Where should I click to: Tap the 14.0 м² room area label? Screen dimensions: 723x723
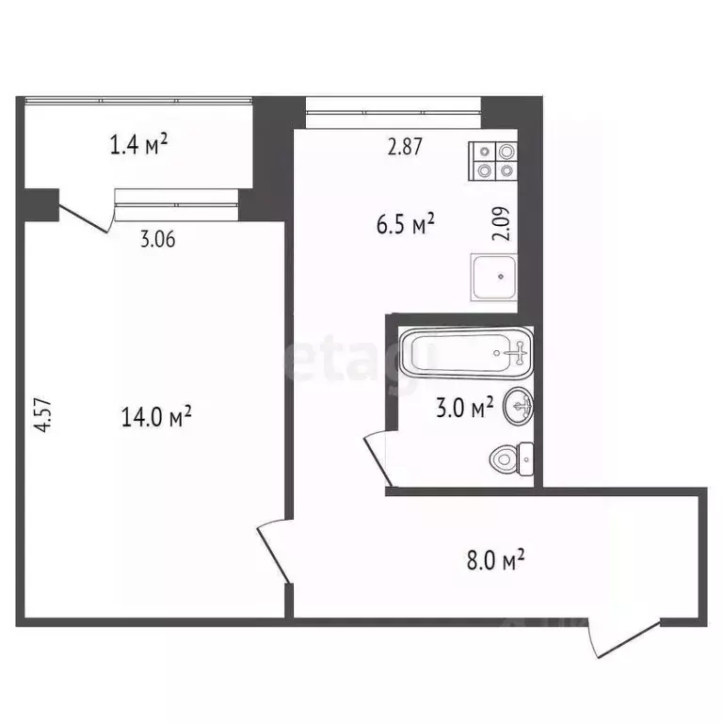pyautogui.click(x=157, y=415)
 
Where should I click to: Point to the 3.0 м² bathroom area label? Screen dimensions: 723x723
pyautogui.click(x=464, y=409)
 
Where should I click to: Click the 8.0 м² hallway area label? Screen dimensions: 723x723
pyautogui.click(x=492, y=562)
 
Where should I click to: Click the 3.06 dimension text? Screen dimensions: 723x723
pyautogui.click(x=157, y=239)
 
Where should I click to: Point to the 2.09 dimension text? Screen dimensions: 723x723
pyautogui.click(x=503, y=225)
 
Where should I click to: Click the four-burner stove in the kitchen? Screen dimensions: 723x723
pyautogui.click(x=494, y=160)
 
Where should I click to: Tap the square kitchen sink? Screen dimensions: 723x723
pyautogui.click(x=495, y=279)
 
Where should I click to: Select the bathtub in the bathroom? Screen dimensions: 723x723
pyautogui.click(x=466, y=354)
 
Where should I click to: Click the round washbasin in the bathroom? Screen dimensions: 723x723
pyautogui.click(x=519, y=407)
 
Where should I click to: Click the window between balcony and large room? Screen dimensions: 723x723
pyautogui.click(x=176, y=196)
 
